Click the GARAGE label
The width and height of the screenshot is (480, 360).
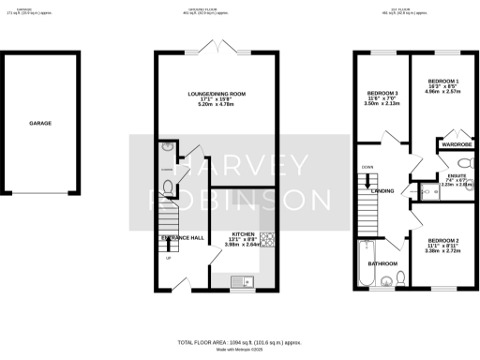point(39,123)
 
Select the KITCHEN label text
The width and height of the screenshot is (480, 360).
point(244,233)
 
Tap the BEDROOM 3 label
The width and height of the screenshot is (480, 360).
point(382,94)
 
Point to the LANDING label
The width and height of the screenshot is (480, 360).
point(382,191)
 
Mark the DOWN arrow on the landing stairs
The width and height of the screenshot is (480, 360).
point(368,169)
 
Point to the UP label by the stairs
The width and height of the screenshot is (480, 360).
point(170,260)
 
